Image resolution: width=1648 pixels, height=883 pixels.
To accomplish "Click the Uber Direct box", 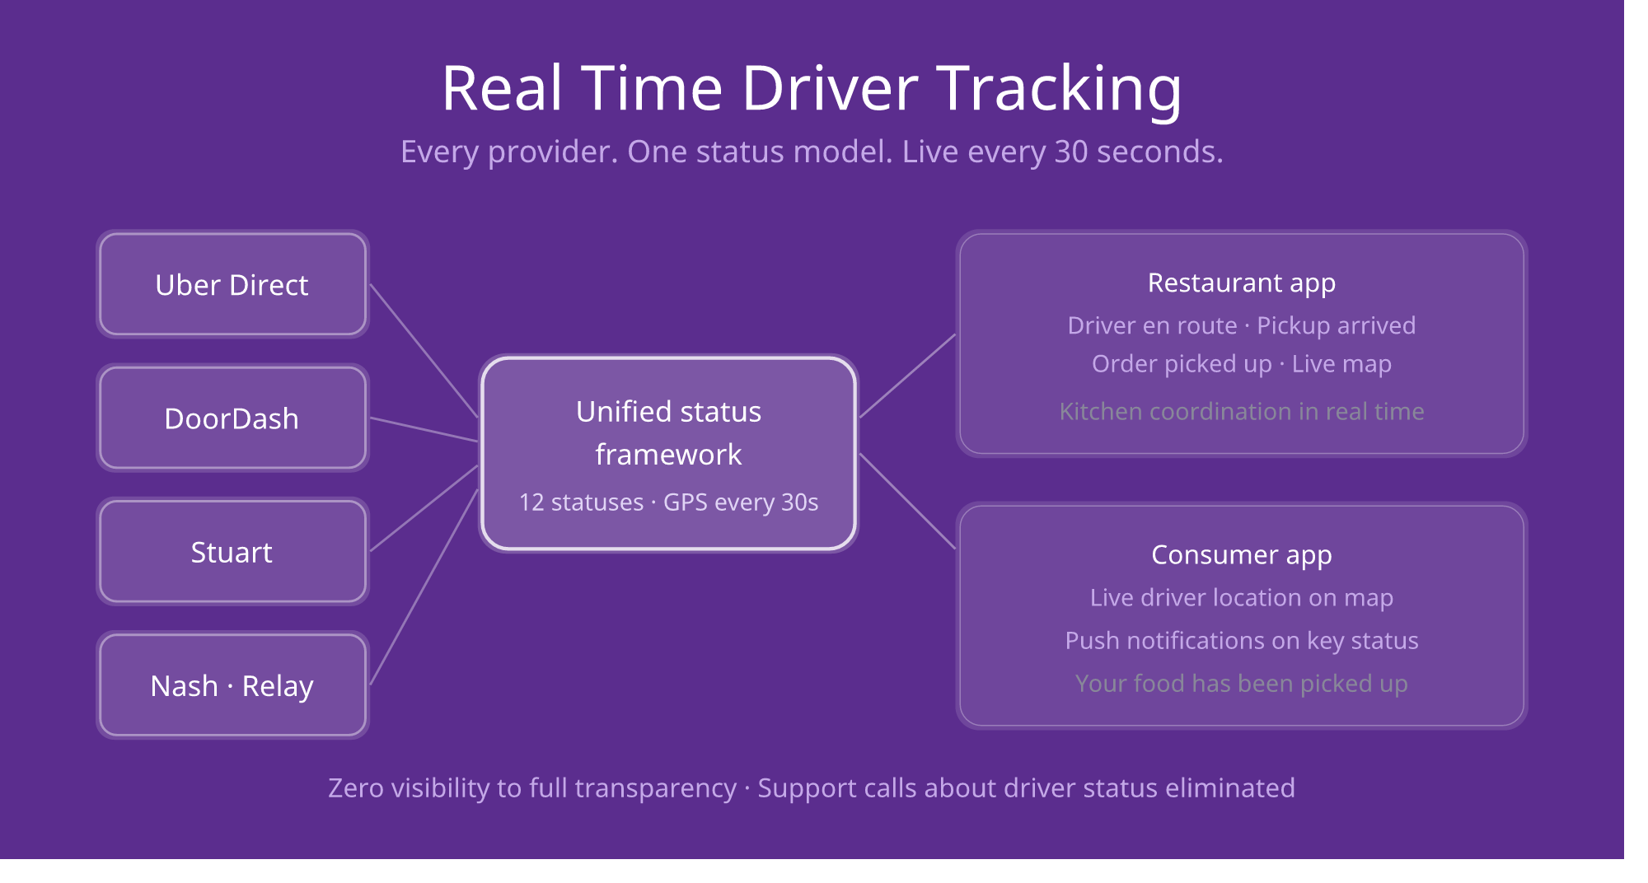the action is pyautogui.click(x=232, y=284).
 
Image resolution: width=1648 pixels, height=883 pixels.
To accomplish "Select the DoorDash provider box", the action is pyautogui.click(x=232, y=418).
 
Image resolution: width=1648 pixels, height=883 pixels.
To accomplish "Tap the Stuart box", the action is pyautogui.click(x=232, y=551).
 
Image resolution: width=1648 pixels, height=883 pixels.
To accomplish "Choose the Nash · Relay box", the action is pyautogui.click(x=232, y=684).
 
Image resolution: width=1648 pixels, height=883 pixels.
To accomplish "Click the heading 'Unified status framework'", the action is pyautogui.click(x=668, y=432).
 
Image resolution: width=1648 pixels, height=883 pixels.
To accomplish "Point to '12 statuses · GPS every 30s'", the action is pyautogui.click(x=668, y=502).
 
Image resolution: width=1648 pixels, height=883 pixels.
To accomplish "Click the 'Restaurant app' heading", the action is pyautogui.click(x=1241, y=283).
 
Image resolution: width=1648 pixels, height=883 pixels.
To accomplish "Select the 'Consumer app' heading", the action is pyautogui.click(x=1241, y=554).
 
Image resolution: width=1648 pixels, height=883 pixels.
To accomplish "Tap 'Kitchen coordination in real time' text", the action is pyautogui.click(x=1241, y=411).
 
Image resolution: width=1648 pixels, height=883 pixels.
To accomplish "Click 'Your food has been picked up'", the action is pyautogui.click(x=1241, y=683).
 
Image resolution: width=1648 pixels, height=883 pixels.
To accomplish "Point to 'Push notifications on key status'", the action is pyautogui.click(x=1241, y=640).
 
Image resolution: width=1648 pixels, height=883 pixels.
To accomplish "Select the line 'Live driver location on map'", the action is pyautogui.click(x=1241, y=597).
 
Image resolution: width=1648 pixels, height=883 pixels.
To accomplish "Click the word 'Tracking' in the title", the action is pyautogui.click(x=1059, y=89).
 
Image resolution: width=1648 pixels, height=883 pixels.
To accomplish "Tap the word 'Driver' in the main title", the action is pyautogui.click(x=830, y=89).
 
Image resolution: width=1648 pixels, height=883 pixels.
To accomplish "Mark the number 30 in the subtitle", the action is pyautogui.click(x=1071, y=152).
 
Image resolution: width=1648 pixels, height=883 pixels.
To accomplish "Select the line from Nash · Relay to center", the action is pyautogui.click(x=424, y=587).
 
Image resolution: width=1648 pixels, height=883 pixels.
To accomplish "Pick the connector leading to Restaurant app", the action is pyautogui.click(x=907, y=376).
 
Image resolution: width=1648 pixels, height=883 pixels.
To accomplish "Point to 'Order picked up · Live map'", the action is pyautogui.click(x=1241, y=363).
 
